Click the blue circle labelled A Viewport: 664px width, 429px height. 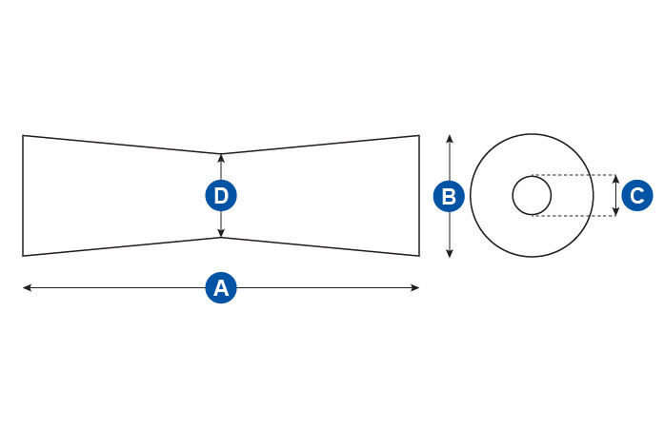pos(221,287)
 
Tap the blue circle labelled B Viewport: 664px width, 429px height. pos(450,197)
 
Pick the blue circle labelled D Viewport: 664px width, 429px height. pos(221,196)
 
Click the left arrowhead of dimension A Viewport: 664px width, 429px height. pos(26,287)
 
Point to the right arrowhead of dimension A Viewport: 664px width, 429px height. pos(416,287)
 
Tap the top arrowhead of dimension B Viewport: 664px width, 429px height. pos(450,138)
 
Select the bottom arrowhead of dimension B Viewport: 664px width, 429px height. pos(450,254)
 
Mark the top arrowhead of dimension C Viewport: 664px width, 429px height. pos(615,178)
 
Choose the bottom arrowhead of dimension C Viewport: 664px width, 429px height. pos(615,213)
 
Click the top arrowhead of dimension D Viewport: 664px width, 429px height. pos(221,157)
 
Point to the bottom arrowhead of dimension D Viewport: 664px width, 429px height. pos(221,234)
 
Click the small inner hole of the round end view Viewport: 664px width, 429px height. pos(532,196)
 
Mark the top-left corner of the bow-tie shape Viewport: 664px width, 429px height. pos(23,135)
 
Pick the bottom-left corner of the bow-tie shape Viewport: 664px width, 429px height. pos(23,256)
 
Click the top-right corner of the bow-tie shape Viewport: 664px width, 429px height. pos(419,135)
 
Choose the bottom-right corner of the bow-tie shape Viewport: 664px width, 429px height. pos(419,256)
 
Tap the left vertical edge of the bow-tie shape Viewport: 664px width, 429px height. pos(23,196)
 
